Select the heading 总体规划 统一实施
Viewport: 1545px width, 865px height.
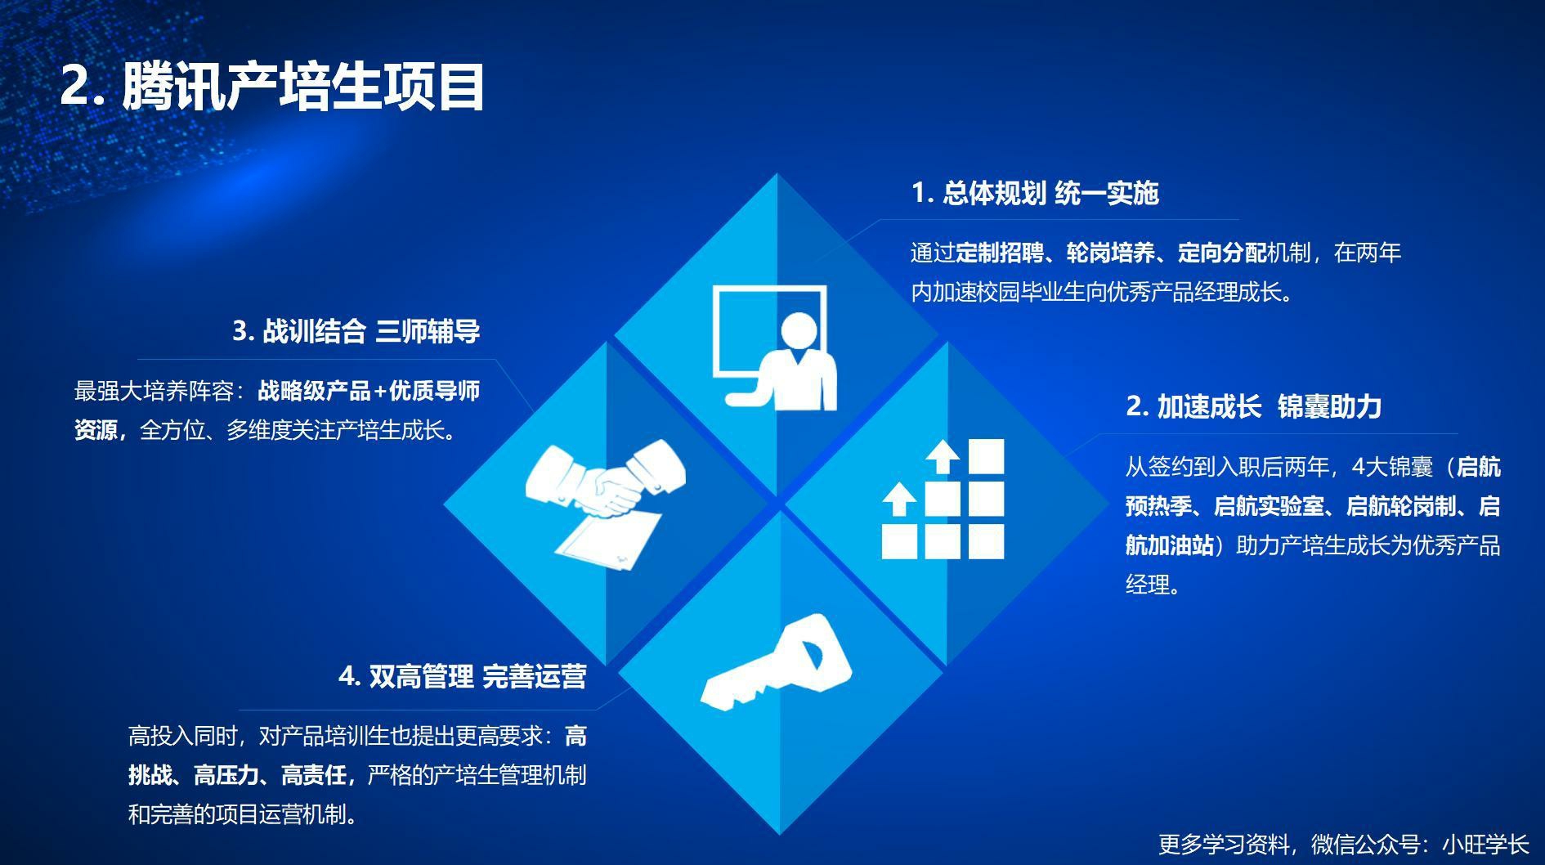point(1035,194)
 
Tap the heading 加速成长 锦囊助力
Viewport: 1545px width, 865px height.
point(1253,406)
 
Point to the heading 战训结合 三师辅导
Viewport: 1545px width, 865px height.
point(356,331)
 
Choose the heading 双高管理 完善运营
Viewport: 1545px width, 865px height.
point(462,677)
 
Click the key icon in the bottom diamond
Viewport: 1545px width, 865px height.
point(777,662)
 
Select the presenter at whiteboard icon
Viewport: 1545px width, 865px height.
point(774,347)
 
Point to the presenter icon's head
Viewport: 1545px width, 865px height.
point(799,330)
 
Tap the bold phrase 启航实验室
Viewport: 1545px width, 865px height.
point(1268,507)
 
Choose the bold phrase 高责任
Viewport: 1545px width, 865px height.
point(314,775)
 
